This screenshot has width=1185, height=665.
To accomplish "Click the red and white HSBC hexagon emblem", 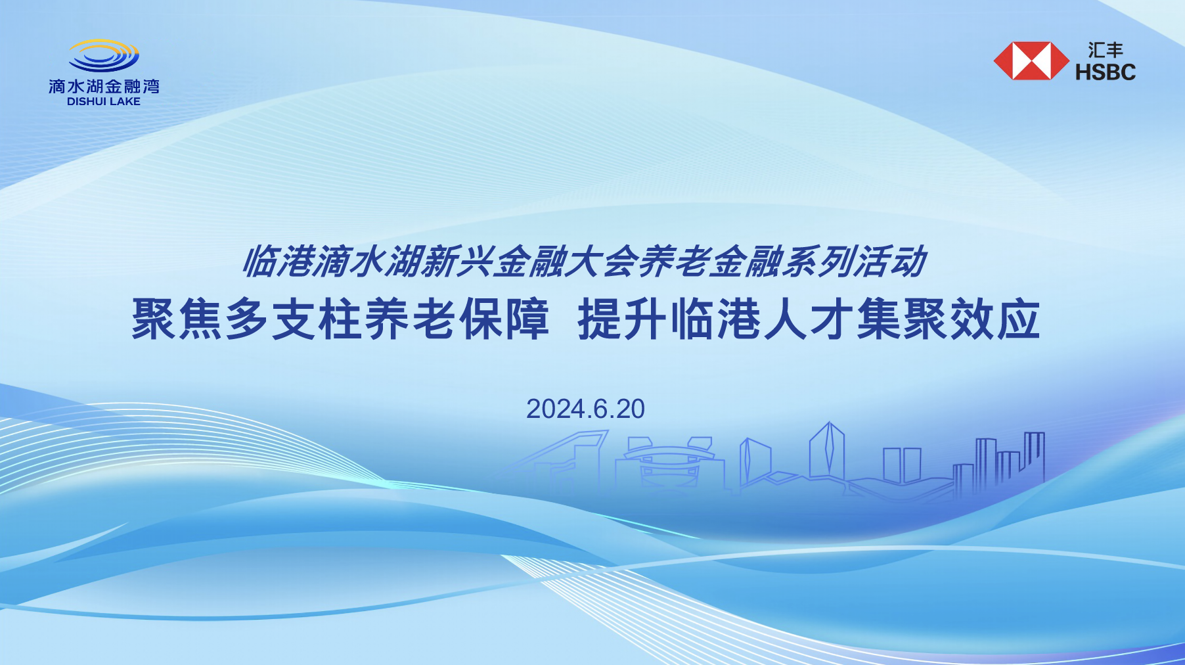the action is click(x=1031, y=61).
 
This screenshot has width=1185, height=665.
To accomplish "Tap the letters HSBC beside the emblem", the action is click(x=1106, y=72).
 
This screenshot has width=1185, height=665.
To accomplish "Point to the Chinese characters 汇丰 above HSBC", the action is click(x=1106, y=50).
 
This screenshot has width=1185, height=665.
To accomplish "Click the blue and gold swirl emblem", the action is click(x=104, y=56).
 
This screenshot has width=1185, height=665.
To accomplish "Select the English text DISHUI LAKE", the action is click(x=104, y=101).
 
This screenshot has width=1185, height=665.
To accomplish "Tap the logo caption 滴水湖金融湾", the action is click(x=104, y=86).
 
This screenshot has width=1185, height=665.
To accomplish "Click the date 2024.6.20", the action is click(x=585, y=409).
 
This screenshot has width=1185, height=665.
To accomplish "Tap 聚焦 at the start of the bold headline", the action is click(x=177, y=319).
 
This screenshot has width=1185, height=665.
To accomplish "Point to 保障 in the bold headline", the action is click(x=504, y=319).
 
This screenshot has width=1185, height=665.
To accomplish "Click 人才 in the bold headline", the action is click(x=809, y=319).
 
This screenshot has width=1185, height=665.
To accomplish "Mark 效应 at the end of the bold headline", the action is click(x=995, y=319).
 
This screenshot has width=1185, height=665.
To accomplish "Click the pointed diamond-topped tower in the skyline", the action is click(x=827, y=451).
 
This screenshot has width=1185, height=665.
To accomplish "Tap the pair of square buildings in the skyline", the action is click(x=902, y=465).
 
